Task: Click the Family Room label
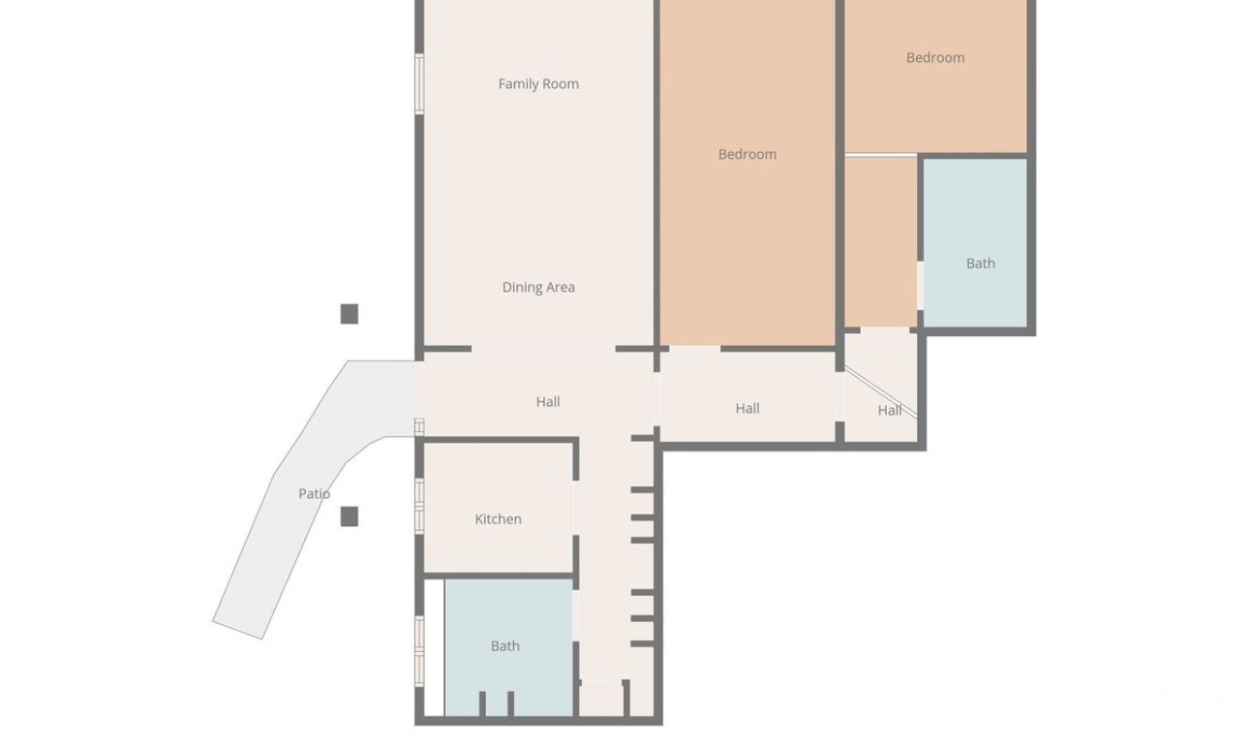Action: click(x=538, y=83)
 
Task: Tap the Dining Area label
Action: click(x=538, y=287)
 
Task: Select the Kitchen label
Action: click(x=498, y=519)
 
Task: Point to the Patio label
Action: click(x=314, y=493)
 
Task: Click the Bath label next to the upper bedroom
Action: click(x=980, y=263)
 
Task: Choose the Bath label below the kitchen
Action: click(x=504, y=645)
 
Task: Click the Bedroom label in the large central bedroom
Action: click(x=747, y=154)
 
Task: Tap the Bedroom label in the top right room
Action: click(x=935, y=57)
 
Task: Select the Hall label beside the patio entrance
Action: click(x=548, y=402)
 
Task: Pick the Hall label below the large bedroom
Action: click(x=747, y=409)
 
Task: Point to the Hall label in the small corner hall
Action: click(x=890, y=411)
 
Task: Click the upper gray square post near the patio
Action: click(x=350, y=314)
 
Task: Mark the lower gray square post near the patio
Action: click(x=350, y=516)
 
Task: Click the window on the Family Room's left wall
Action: click(x=419, y=84)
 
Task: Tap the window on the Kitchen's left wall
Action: click(x=419, y=506)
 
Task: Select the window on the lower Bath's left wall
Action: click(x=419, y=650)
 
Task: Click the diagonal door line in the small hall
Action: click(x=880, y=391)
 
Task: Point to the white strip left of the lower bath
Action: click(x=434, y=647)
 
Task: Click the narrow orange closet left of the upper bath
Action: click(x=880, y=241)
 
